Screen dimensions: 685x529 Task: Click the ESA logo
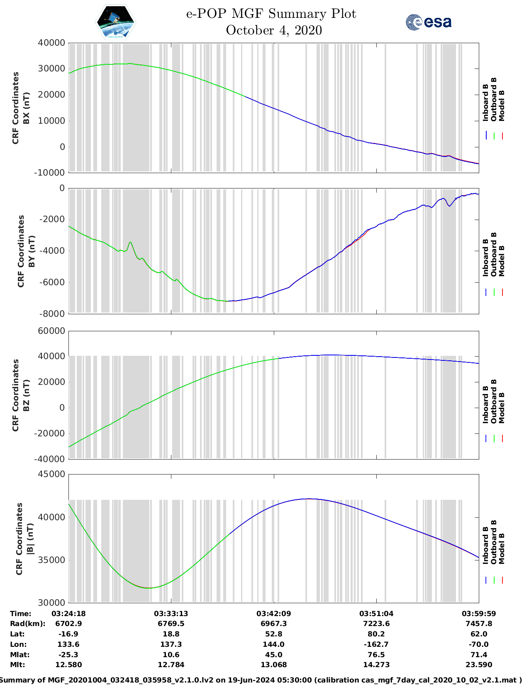tap(429, 22)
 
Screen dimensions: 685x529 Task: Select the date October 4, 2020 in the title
tap(274, 30)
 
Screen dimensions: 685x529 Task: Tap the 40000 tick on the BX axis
tap(51, 43)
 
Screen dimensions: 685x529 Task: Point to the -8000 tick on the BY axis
tap(52, 314)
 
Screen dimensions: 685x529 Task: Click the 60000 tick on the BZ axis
tap(51, 331)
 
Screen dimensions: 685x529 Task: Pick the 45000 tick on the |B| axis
tap(51, 474)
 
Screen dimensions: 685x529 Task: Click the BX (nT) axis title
tap(27, 108)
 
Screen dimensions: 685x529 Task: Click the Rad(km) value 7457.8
tap(479, 624)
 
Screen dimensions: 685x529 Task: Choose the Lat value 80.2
tap(376, 634)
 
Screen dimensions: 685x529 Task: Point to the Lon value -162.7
tap(376, 644)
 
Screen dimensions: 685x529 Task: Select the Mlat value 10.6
tap(171, 655)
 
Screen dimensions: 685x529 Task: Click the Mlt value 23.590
tap(479, 665)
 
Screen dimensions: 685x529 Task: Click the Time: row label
tap(21, 614)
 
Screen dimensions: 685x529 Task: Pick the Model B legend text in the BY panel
tap(502, 261)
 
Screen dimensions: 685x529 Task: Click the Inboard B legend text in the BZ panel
tap(486, 404)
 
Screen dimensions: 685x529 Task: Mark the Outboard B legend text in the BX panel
tap(494, 100)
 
